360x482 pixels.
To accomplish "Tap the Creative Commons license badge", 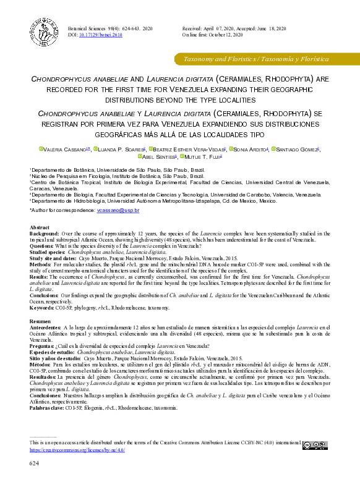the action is pyautogui.click(x=315, y=444).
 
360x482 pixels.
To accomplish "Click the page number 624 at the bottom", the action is pyautogui.click(x=35, y=463).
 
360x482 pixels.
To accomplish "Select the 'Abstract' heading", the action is pyautogui.click(x=40, y=228).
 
